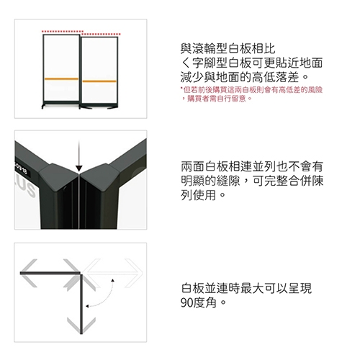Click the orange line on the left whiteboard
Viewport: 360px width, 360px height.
pos(61,76)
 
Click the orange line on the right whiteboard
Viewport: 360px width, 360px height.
pos(99,81)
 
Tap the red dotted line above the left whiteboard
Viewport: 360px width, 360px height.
pos(61,32)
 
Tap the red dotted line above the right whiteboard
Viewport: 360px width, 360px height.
pos(99,33)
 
